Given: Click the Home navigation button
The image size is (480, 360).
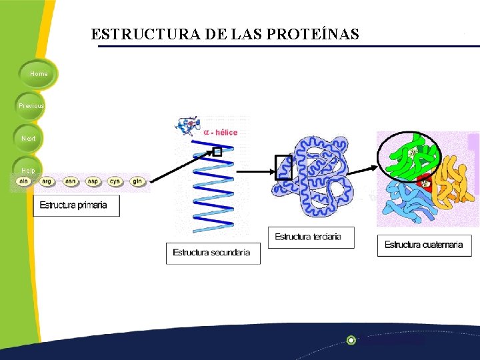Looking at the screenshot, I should coord(39,74).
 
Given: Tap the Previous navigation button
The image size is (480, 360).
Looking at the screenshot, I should coord(31,106).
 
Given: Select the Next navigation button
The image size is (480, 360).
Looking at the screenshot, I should coord(29,138).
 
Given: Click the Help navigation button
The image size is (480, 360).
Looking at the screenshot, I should coord(27,170).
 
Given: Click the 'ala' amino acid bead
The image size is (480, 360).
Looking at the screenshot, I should coord(25,181).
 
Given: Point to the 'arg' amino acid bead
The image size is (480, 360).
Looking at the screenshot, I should coord(47,181).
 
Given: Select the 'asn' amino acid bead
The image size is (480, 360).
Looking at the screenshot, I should coord(70,181).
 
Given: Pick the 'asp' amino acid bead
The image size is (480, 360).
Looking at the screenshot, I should coord(92,181).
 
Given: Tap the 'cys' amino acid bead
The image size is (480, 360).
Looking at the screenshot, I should coord(115,181).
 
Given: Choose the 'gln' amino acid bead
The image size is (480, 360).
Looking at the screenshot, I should coord(137,181).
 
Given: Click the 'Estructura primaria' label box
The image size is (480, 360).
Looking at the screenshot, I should coord(76,205).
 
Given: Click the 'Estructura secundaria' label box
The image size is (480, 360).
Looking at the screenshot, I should coord(213,253).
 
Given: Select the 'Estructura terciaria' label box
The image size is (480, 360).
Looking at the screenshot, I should coord(311,237).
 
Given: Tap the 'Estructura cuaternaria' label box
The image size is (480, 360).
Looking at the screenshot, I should coord(423,245).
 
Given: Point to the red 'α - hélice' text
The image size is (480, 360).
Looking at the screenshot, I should coord(220,133).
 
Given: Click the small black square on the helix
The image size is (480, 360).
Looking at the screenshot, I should coord(217,152).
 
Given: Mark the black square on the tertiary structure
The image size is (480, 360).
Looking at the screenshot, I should coord(283,167).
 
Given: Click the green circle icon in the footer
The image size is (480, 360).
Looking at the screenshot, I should coord(351,340).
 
